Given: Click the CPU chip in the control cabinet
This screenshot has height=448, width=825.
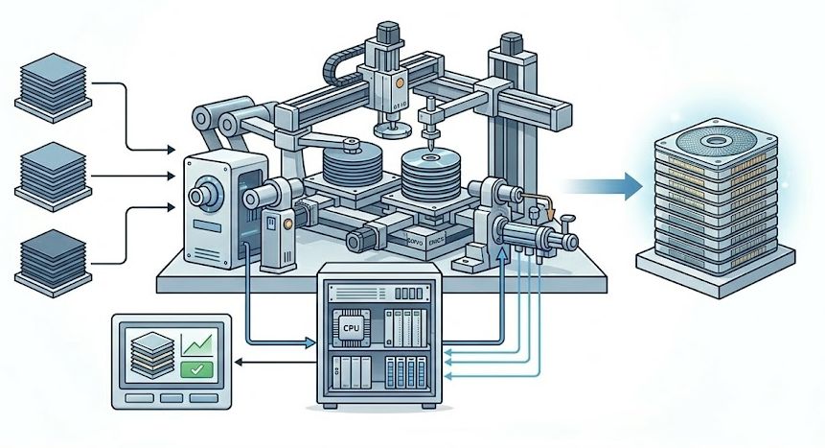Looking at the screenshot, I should pos(350,328).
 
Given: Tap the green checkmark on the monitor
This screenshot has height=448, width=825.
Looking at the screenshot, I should pos(195,367).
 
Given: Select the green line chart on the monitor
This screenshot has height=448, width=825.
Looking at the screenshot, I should pos(197,341).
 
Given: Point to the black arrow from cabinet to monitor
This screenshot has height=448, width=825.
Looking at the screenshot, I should pos(272,362).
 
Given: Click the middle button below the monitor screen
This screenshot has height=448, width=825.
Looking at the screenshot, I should pos(170,397).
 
